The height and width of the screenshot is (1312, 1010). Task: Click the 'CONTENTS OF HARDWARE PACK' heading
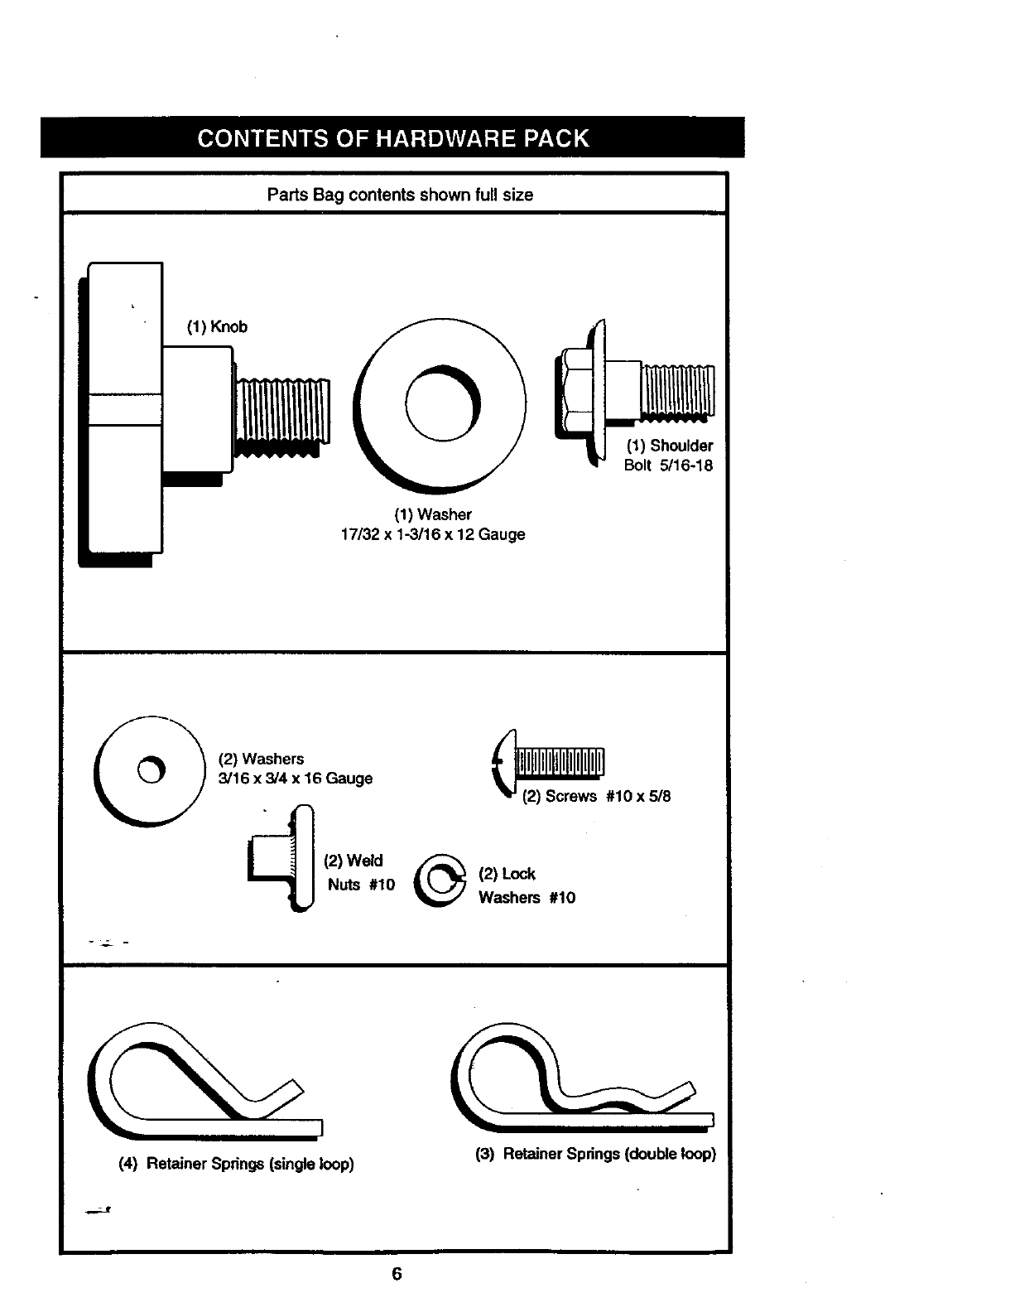pyautogui.click(x=393, y=137)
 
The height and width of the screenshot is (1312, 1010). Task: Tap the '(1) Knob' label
pyautogui.click(x=217, y=326)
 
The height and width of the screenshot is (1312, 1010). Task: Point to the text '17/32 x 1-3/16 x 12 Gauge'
pyautogui.click(x=433, y=535)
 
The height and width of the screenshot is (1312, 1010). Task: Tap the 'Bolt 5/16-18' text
pyautogui.click(x=668, y=465)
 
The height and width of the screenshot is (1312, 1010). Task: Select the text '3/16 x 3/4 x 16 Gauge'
pyautogui.click(x=296, y=779)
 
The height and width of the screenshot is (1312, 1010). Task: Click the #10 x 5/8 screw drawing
pyautogui.click(x=551, y=760)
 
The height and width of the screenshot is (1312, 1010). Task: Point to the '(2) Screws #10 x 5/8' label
pyautogui.click(x=596, y=797)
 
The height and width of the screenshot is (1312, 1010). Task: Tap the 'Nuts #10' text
pyautogui.click(x=361, y=885)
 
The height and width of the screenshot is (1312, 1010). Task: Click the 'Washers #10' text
pyautogui.click(x=527, y=898)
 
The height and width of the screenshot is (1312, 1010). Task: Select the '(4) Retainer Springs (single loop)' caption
pyautogui.click(x=237, y=1164)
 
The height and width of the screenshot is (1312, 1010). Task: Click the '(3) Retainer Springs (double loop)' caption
pyautogui.click(x=595, y=1154)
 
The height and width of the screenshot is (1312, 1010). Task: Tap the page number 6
pyautogui.click(x=397, y=1274)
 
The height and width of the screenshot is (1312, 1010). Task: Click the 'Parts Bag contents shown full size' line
pyautogui.click(x=400, y=195)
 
